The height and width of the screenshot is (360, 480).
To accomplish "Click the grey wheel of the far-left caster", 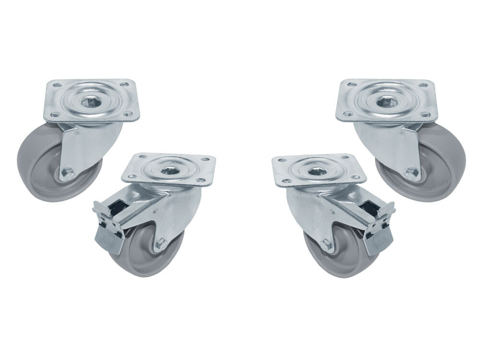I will (34, 163).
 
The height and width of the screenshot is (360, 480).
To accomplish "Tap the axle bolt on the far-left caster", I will (67, 172).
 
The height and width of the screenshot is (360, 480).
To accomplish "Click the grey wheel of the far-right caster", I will (446, 163).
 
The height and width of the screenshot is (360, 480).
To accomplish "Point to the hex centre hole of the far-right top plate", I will (386, 102).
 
